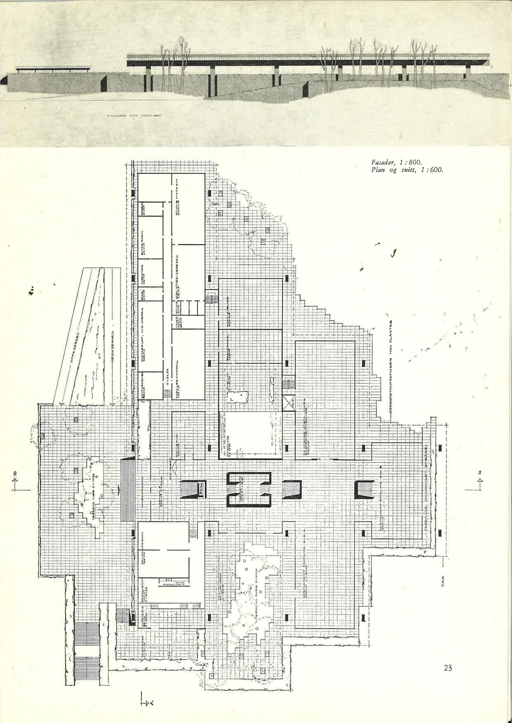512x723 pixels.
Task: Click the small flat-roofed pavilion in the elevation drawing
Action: pyautogui.click(x=54, y=69)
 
